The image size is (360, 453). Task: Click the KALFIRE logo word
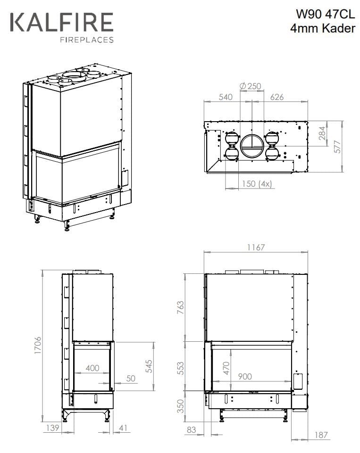coord(61,23)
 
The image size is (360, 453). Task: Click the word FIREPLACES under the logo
coord(86,40)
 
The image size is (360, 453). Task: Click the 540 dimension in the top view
coord(226,97)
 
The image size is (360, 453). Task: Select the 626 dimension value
coord(276,97)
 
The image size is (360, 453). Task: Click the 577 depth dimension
coord(336,147)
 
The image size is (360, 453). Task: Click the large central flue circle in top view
coord(251,146)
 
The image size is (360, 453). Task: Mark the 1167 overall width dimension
coord(255,247)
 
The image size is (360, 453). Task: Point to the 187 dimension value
coord(321,435)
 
